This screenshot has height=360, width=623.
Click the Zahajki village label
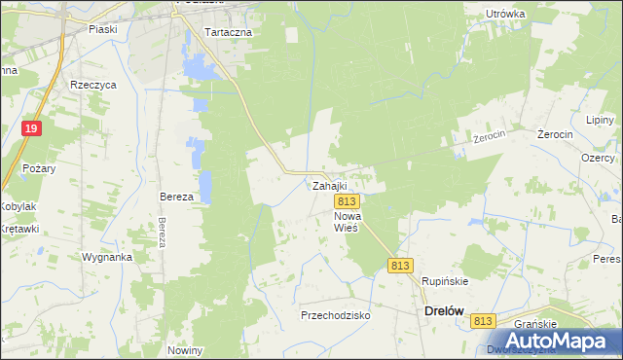(329, 185)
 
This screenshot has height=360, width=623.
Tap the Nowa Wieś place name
(347, 221)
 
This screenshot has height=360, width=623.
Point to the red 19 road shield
(32, 128)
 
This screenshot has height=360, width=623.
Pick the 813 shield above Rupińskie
(401, 265)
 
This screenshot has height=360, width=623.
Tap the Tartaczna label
(229, 32)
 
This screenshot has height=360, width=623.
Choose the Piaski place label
(102, 29)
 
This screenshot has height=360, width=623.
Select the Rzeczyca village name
(93, 85)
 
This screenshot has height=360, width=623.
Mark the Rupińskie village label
(445, 281)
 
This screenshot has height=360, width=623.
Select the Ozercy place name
(597, 158)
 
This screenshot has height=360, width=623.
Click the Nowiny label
(185, 350)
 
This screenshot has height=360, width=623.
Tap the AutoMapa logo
(550, 340)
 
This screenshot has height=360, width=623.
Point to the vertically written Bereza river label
(162, 233)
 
